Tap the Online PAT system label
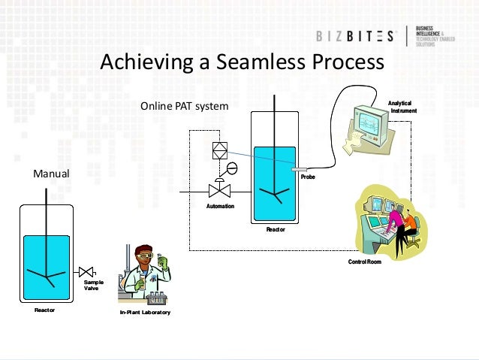coord(184,107)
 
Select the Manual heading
coord(51,174)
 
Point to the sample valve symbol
coord(86,270)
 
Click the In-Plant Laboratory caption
coord(144,311)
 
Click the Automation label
coord(221,206)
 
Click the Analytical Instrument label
coord(402,107)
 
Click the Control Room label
coord(365,262)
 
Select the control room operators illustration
coord(387,221)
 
